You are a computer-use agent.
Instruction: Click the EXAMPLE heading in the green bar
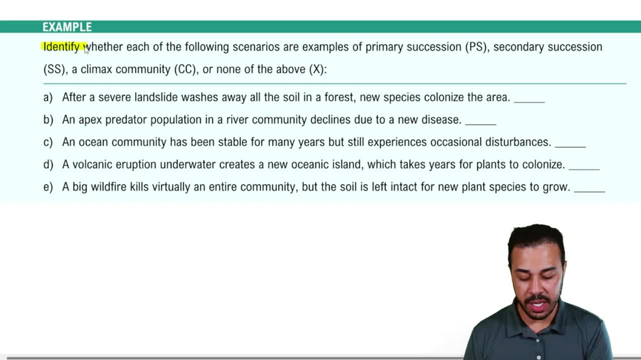pos(67,27)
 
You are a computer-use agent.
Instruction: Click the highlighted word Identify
pos(62,47)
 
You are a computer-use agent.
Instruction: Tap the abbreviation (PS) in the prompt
pos(476,47)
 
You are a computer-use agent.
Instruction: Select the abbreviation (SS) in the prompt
pos(54,69)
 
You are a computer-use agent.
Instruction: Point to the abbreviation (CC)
pos(185,69)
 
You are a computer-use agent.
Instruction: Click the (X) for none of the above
pos(317,69)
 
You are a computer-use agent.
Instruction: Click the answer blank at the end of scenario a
pos(529,100)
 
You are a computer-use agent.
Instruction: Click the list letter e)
pos(48,187)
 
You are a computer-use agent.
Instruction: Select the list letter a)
pos(48,97)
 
